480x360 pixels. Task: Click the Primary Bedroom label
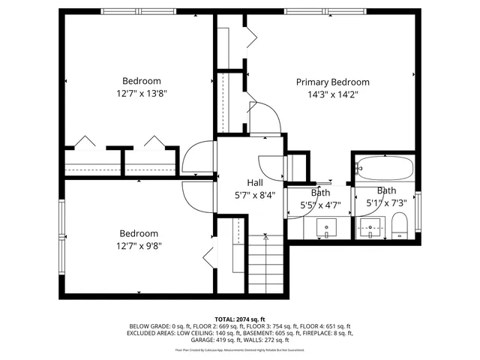click(x=332, y=82)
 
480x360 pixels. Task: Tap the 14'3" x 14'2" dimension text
click(x=332, y=95)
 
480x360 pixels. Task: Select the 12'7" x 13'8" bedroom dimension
click(x=141, y=94)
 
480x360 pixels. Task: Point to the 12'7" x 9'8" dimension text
click(x=139, y=246)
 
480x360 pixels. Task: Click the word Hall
click(x=254, y=181)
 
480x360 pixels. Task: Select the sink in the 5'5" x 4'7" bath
click(x=326, y=226)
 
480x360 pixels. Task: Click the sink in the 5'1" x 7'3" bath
click(x=368, y=226)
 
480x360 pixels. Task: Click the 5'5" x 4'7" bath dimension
click(x=320, y=204)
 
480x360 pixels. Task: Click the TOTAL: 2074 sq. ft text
click(x=240, y=319)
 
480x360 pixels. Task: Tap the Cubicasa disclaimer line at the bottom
click(x=240, y=349)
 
